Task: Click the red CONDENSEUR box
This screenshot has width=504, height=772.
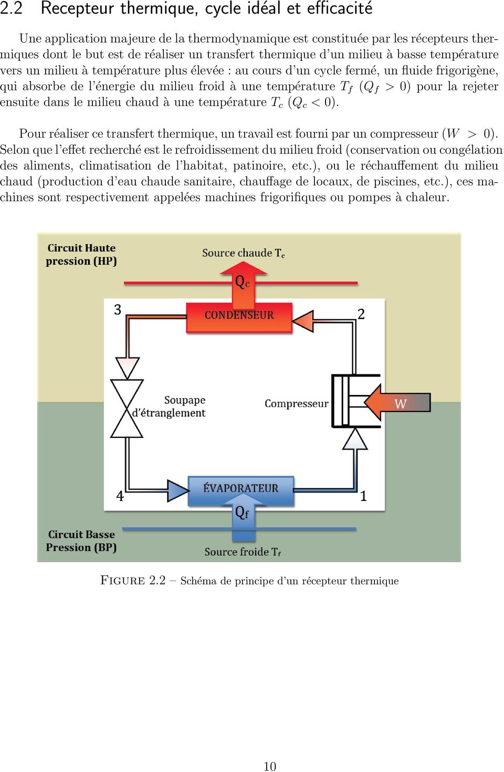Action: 239,317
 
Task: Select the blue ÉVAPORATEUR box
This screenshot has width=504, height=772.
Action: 241,491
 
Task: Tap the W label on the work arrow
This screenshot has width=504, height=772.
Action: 400,403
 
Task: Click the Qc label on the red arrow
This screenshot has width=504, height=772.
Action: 242,282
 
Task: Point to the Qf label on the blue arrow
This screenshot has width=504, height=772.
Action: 242,513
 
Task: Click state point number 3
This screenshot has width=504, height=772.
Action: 118,309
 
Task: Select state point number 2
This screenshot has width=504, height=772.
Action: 361,314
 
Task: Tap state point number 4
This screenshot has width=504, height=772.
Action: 120,496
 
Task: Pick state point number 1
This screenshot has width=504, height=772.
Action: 363,496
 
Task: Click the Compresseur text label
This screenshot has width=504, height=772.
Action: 296,403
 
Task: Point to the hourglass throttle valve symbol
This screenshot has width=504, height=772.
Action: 127,409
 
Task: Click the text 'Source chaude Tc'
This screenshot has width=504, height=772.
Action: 244,253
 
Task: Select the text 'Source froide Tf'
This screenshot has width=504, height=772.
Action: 243,552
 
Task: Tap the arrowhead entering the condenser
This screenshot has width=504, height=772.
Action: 303,321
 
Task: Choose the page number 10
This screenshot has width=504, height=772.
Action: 270,766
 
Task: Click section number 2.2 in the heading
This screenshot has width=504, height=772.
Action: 11,8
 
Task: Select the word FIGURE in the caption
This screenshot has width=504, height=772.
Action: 122,580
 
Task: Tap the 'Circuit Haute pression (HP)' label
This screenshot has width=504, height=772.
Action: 81,254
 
